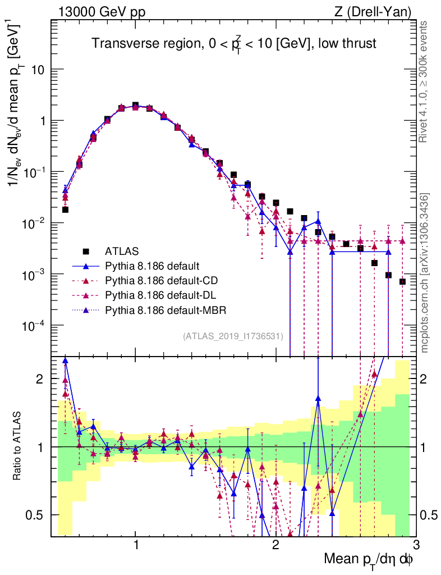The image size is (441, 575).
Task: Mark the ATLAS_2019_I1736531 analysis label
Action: coord(233,336)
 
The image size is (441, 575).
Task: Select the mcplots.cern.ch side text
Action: coord(424,272)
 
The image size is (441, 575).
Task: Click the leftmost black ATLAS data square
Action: coord(65,209)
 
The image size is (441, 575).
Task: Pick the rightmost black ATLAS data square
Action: coord(402,281)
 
